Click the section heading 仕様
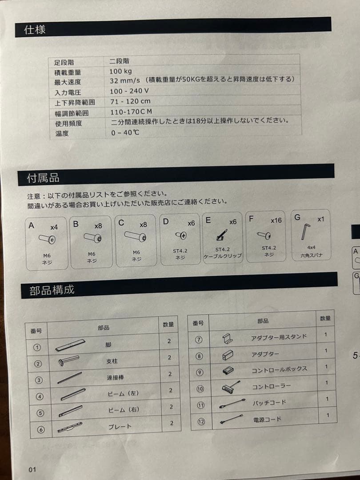point(35,30)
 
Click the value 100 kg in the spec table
point(121,71)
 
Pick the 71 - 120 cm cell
point(130,101)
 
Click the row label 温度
point(62,133)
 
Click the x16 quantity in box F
point(276,220)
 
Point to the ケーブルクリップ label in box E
point(223,256)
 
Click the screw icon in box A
point(47,240)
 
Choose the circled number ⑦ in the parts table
point(199,340)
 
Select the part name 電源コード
point(267,419)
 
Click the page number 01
point(32,470)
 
